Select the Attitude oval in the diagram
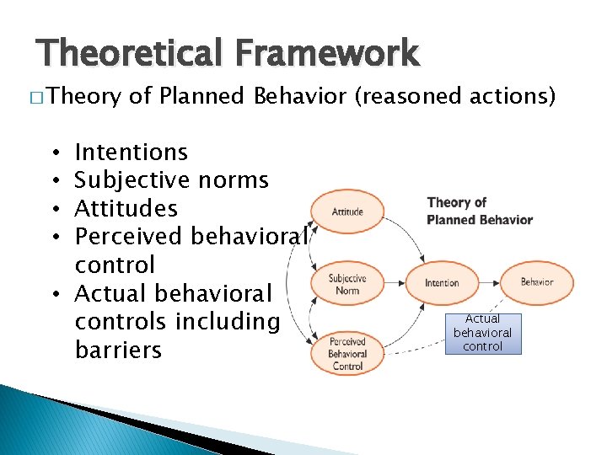tap(347, 211)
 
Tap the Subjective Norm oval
tap(347, 283)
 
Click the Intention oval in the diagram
tap(442, 283)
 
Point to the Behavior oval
tap(536, 282)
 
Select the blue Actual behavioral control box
tap(483, 333)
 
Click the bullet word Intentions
tap(131, 153)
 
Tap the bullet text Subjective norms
tap(171, 180)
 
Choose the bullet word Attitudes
tap(126, 209)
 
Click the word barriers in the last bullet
tap(118, 350)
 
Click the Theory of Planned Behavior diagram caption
tap(480, 211)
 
